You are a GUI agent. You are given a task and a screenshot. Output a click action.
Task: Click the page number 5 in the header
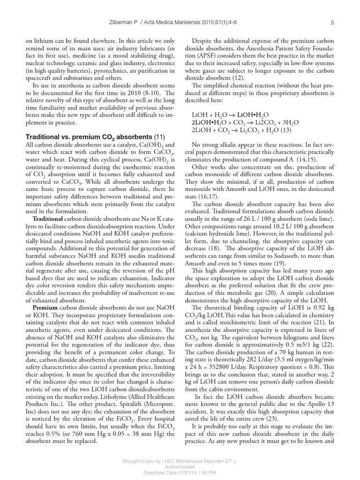click(x=332, y=22)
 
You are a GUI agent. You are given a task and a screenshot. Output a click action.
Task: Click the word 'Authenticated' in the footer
click(x=180, y=467)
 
